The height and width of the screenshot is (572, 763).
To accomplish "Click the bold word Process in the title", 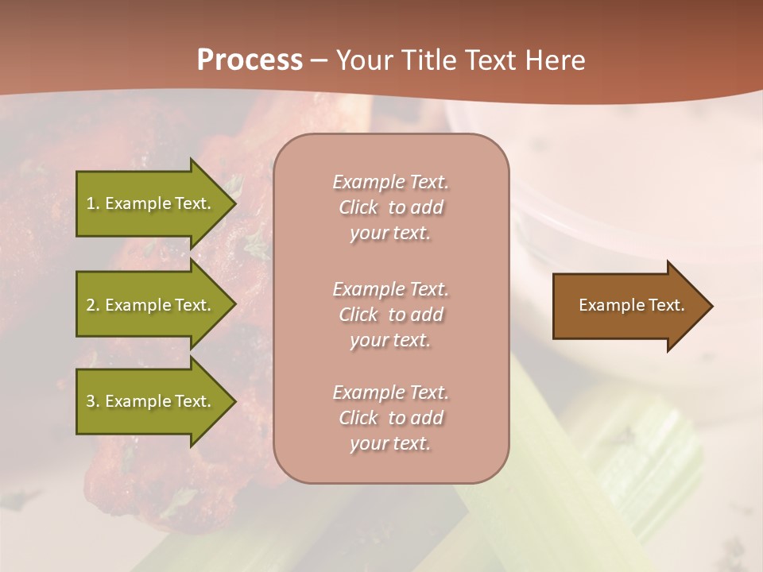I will [250, 60].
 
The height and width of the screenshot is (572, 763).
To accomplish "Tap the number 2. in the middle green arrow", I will [93, 305].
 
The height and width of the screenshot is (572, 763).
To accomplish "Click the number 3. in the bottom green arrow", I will [93, 401].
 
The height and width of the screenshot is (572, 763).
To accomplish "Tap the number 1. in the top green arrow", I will [93, 203].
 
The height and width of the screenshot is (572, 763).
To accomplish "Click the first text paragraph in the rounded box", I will [390, 207].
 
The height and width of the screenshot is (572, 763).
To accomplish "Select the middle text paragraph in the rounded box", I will [390, 315].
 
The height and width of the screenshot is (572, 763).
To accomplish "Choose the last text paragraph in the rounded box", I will [390, 418].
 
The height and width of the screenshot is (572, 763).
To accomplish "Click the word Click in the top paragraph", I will [358, 208].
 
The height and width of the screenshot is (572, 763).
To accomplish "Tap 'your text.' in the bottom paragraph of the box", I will [390, 443].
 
